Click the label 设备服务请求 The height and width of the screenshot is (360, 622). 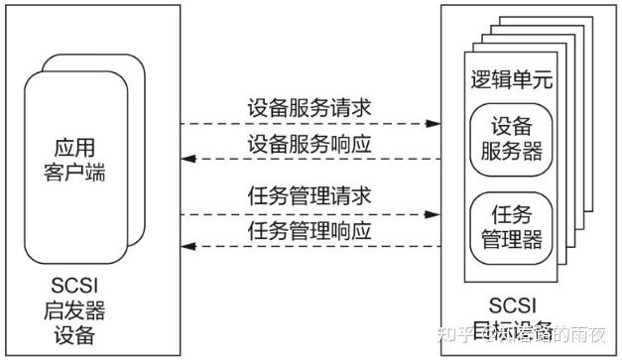pos(309,107)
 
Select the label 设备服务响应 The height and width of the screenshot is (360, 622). pos(309,144)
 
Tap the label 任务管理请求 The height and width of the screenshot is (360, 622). pos(309,195)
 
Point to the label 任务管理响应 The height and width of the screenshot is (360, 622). pos(309,232)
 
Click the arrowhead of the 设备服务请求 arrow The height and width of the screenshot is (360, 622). pos(433,125)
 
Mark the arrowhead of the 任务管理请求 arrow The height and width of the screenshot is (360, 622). pos(433,213)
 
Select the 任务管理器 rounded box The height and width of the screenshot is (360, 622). pos(510,226)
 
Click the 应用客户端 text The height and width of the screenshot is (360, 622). pos(81,159)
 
